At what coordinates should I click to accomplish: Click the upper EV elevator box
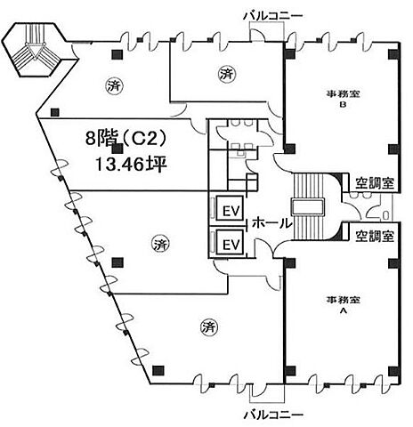[231, 208]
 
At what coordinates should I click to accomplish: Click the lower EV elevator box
[231, 243]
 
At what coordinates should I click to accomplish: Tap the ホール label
[271, 222]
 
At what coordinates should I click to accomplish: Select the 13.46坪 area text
[131, 165]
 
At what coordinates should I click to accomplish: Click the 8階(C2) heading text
[125, 137]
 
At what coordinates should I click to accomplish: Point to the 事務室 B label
[344, 99]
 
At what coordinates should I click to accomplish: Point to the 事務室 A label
[344, 304]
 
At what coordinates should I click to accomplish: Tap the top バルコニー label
[273, 15]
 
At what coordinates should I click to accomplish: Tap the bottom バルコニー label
[273, 415]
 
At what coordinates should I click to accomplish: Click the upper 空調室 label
[375, 183]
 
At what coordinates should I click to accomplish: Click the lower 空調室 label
[375, 236]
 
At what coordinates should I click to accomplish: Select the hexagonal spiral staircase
[35, 50]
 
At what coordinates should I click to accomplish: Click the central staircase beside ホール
[307, 206]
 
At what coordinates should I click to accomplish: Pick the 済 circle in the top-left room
[114, 86]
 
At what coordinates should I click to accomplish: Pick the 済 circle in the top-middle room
[226, 74]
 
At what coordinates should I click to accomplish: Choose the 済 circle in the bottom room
[208, 327]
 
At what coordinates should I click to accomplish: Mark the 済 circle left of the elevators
[161, 245]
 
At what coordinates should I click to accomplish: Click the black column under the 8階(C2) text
[117, 149]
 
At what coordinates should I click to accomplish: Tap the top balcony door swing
[257, 35]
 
